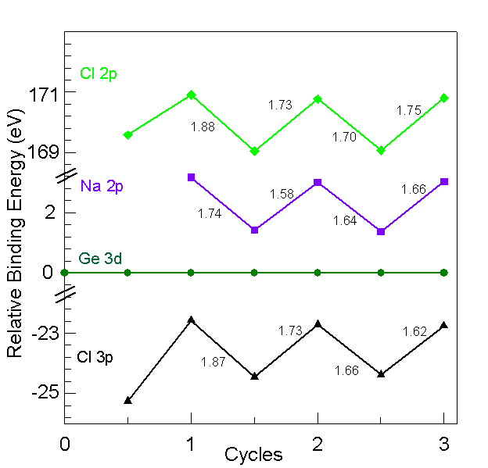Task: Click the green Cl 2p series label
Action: pyautogui.click(x=99, y=74)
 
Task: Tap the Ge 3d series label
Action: pyautogui.click(x=100, y=259)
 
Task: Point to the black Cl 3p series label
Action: pyautogui.click(x=95, y=357)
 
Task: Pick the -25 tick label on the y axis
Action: pyautogui.click(x=41, y=393)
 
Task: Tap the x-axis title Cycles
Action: pyautogui.click(x=253, y=455)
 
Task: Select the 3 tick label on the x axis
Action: pyautogui.click(x=444, y=444)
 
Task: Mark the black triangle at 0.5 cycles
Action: pyautogui.click(x=127, y=400)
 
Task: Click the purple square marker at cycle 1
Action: pyautogui.click(x=191, y=177)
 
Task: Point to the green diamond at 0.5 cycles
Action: pyautogui.click(x=127, y=134)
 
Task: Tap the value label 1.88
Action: pyautogui.click(x=203, y=127)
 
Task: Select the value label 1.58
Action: pyautogui.click(x=282, y=194)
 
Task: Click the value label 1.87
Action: pyautogui.click(x=213, y=362)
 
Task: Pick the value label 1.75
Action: pyautogui.click(x=409, y=111)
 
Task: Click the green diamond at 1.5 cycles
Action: pyautogui.click(x=254, y=151)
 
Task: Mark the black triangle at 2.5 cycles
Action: pyautogui.click(x=381, y=374)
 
